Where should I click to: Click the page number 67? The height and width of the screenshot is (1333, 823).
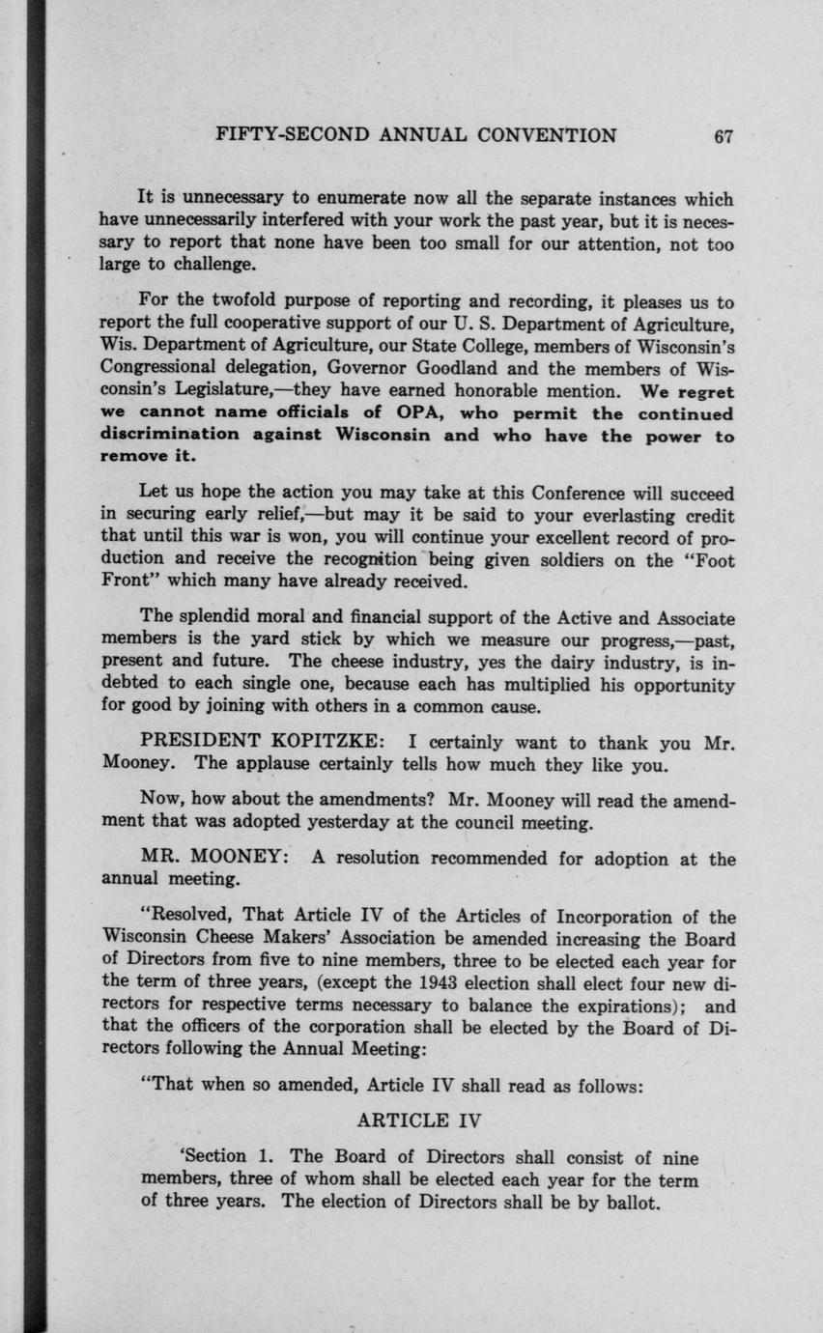[724, 136]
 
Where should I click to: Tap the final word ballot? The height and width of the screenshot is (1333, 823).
[628, 1203]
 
